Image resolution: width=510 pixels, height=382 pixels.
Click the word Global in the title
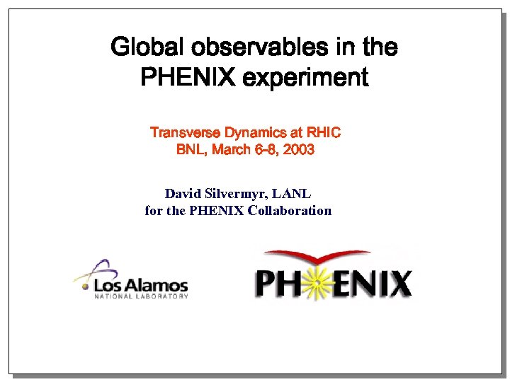coord(142,48)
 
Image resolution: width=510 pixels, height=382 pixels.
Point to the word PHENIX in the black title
coord(188,76)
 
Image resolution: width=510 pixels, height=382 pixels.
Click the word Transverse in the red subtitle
coord(185,132)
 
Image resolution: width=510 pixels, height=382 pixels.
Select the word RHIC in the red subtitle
coord(323,132)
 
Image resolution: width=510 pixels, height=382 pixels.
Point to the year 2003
coord(298,149)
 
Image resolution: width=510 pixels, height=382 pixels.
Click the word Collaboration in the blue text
coord(290,210)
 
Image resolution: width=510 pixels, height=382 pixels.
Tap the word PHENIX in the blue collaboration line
coord(217,210)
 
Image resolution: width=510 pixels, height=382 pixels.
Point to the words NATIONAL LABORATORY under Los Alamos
coord(141,296)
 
